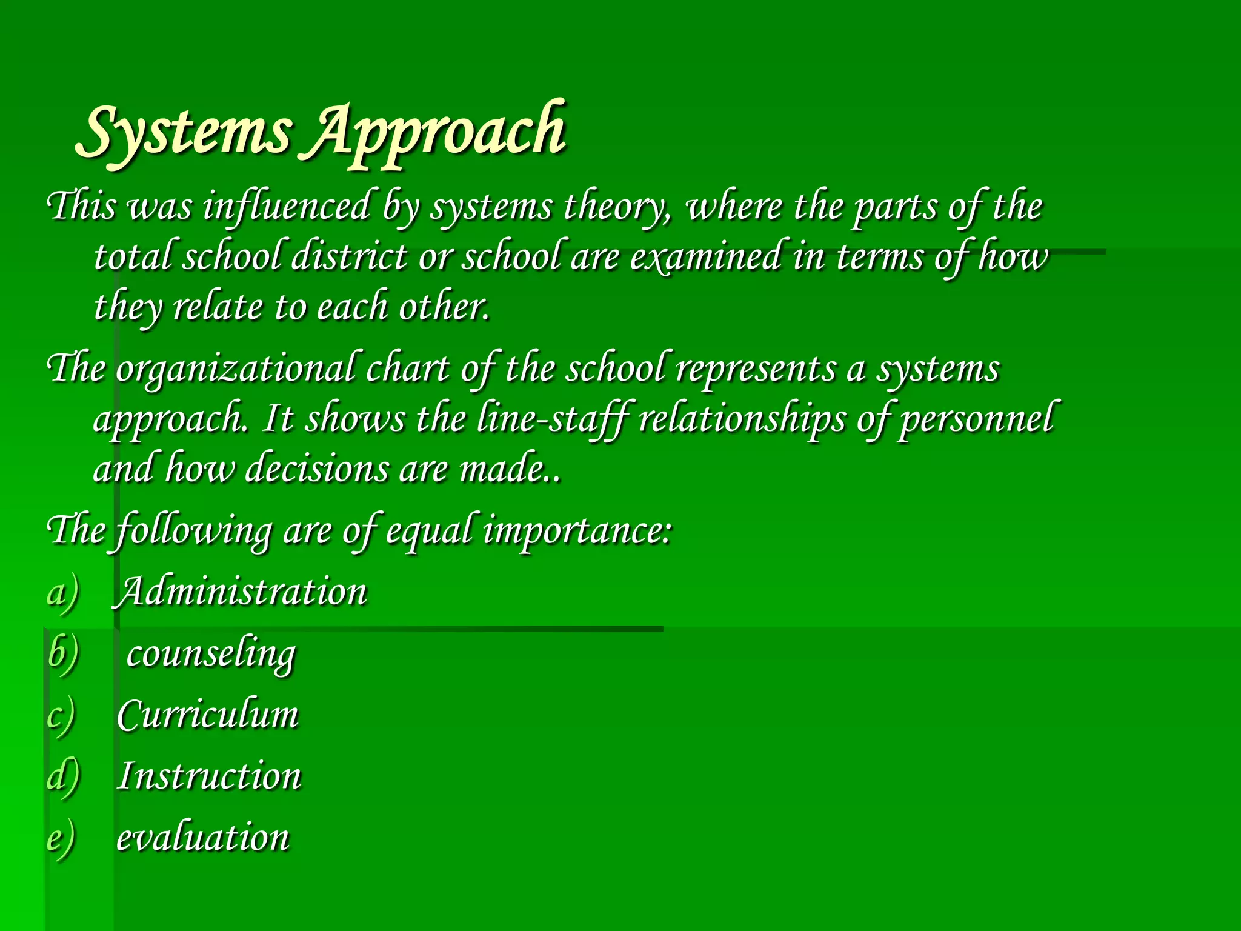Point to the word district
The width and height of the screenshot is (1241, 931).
point(349,257)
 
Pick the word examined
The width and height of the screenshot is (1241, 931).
point(706,257)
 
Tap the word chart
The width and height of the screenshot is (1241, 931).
point(407,370)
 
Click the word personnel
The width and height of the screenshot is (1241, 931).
point(977,419)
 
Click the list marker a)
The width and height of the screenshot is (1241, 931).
point(63,593)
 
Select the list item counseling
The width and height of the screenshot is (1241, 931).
point(211,655)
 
